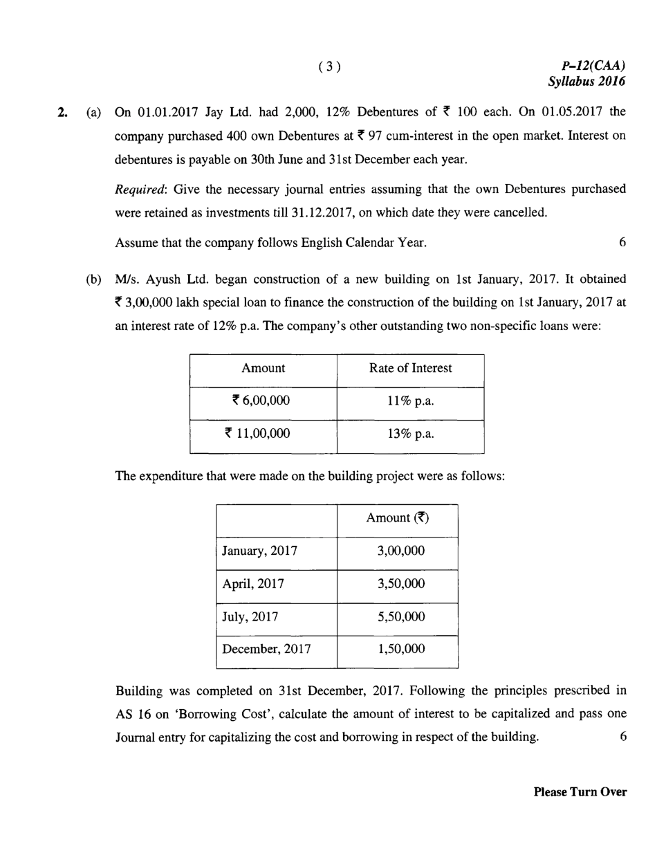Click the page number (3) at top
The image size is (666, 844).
click(x=330, y=66)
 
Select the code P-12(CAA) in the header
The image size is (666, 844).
click(x=594, y=66)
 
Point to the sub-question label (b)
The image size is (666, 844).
click(x=93, y=280)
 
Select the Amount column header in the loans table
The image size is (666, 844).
click(x=263, y=369)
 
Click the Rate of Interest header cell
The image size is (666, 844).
click(x=410, y=369)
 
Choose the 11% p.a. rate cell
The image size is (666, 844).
click(x=410, y=401)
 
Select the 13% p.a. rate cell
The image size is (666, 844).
click(x=410, y=434)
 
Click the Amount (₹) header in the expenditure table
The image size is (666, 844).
click(x=398, y=519)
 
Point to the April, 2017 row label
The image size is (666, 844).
click(x=253, y=584)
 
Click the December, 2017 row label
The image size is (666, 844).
click(x=266, y=650)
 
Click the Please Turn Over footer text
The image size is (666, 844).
click(x=580, y=792)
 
